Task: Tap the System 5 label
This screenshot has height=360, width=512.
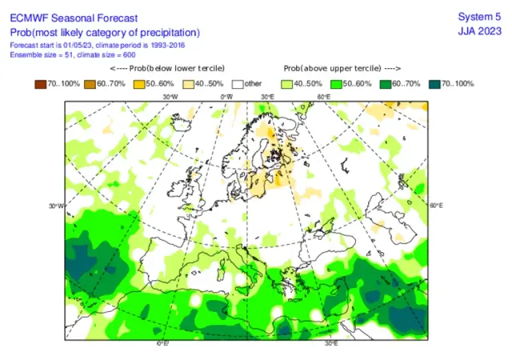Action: click(478, 17)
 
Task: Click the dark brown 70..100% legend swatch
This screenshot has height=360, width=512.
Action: click(40, 83)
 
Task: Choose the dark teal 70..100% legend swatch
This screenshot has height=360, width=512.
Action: click(435, 83)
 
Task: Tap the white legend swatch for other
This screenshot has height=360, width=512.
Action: click(238, 83)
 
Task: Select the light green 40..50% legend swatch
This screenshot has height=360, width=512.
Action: click(287, 83)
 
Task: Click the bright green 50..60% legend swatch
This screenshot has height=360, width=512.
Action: click(336, 83)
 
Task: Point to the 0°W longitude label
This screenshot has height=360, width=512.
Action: click(226, 98)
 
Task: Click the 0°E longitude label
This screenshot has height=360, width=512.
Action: click(162, 342)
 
